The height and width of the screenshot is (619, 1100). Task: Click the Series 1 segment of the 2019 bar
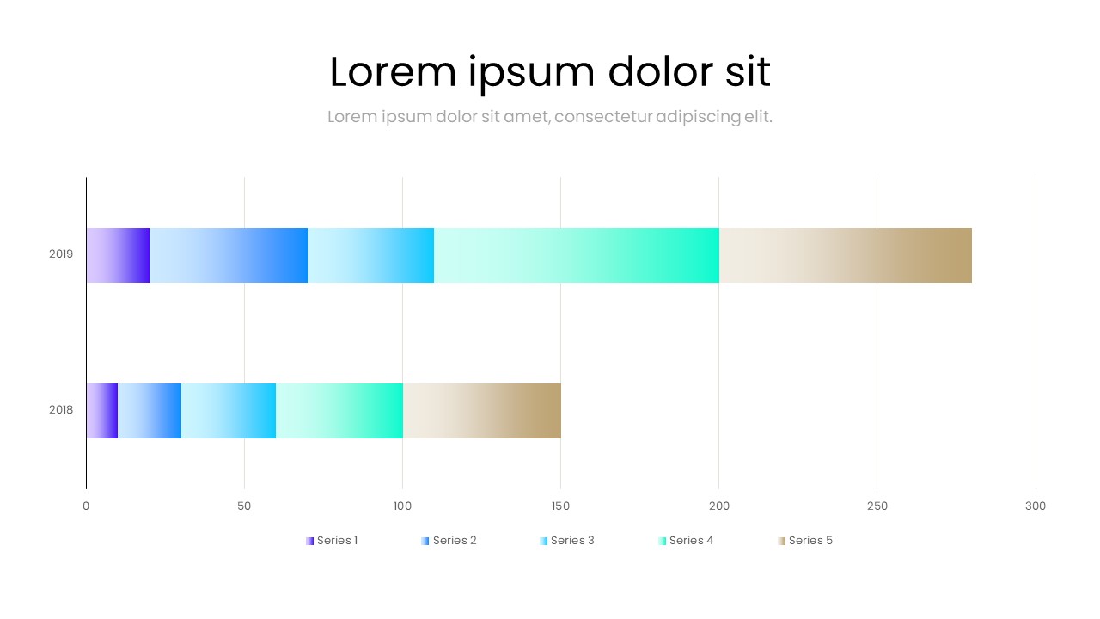(118, 255)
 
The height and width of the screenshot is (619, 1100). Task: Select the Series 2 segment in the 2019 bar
(229, 255)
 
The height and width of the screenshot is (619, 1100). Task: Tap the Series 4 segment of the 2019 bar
(576, 255)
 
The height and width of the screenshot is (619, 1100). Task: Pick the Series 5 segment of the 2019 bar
(845, 255)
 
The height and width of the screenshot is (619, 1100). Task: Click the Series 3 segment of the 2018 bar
(229, 411)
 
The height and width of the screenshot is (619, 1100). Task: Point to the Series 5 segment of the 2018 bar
(481, 411)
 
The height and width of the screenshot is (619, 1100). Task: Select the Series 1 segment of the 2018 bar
(101, 411)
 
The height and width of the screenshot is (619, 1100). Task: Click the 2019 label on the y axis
(61, 254)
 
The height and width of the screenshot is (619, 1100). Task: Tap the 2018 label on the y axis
(61, 410)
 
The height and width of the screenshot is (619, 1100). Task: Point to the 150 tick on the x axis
(560, 506)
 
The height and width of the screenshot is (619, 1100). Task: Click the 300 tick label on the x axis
(1036, 506)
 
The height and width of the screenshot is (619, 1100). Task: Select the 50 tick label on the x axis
(244, 506)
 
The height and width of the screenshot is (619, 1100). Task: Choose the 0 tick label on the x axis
(86, 506)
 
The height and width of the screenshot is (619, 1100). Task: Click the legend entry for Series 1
(332, 541)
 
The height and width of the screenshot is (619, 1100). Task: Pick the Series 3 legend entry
(567, 541)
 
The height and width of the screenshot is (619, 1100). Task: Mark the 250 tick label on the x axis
(877, 506)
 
